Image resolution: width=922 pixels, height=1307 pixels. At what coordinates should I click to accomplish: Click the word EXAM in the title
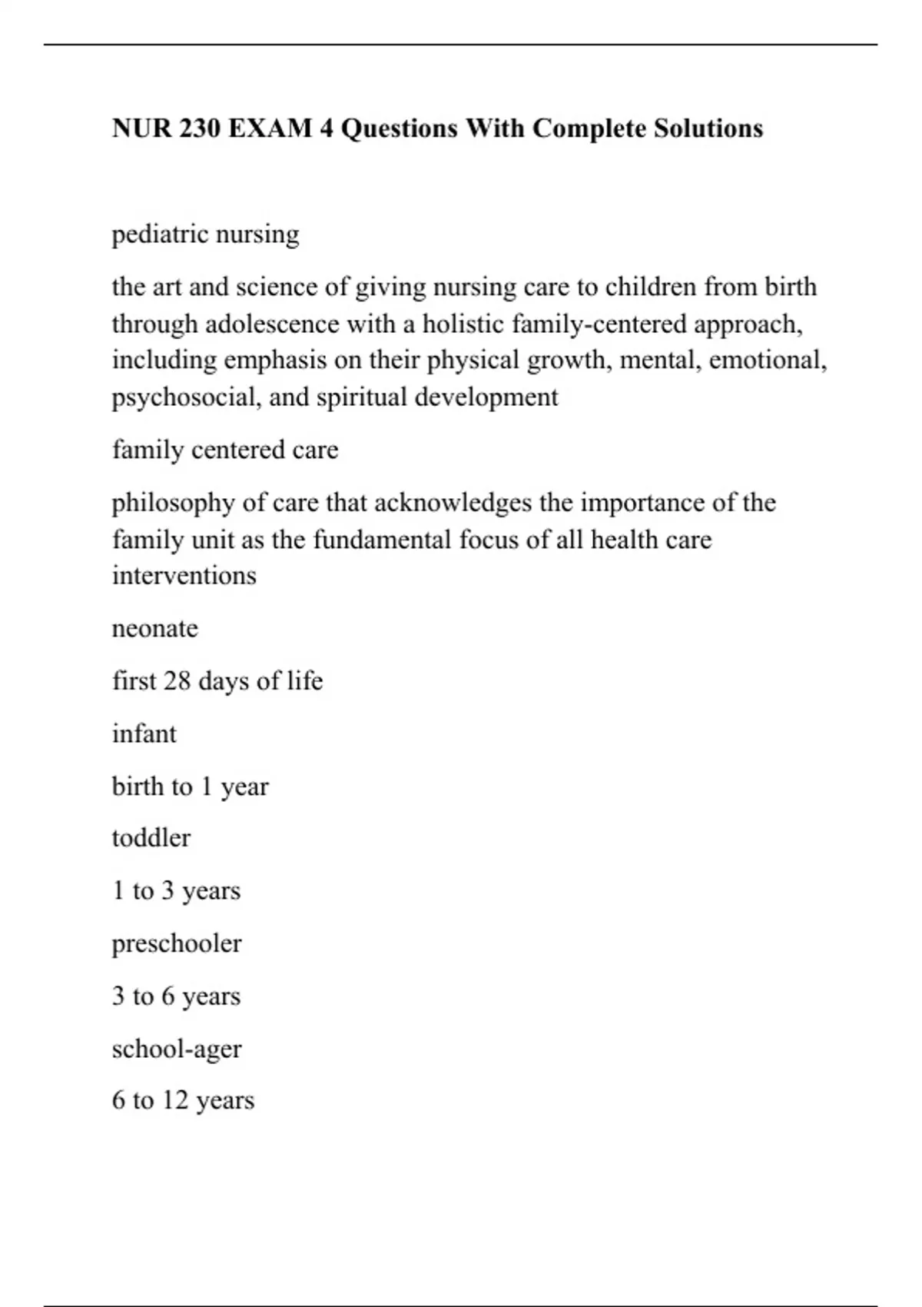tap(270, 128)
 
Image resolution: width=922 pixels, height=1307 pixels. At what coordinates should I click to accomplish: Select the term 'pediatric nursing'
tap(205, 234)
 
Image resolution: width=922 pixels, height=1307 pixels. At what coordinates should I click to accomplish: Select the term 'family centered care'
tap(225, 450)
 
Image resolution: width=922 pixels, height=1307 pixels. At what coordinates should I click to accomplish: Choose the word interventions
tap(184, 575)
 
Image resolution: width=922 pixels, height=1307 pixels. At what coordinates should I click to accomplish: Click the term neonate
tap(155, 628)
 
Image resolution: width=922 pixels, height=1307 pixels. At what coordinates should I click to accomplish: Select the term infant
tap(144, 733)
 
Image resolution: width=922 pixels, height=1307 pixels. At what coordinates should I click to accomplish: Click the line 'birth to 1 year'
tap(191, 787)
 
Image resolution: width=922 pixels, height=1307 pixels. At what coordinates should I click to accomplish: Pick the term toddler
tap(151, 838)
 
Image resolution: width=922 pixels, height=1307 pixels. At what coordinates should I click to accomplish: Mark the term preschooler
tap(177, 943)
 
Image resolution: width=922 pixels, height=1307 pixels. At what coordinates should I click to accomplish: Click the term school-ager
tap(177, 1049)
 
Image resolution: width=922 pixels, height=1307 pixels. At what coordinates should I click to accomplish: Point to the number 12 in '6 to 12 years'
tap(175, 1100)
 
